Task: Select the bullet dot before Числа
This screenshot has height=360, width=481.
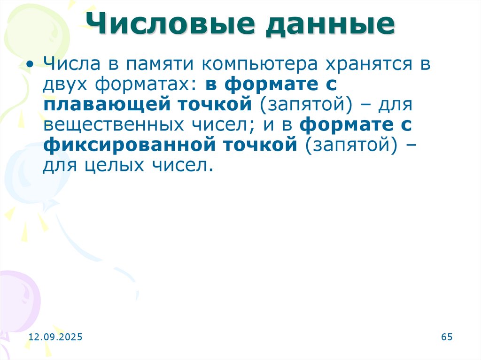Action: pos(31,64)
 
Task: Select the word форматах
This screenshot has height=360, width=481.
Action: pos(142,85)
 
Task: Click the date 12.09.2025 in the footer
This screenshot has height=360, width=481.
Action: pos(55,337)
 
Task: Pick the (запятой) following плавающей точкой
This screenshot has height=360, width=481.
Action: pos(304,105)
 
